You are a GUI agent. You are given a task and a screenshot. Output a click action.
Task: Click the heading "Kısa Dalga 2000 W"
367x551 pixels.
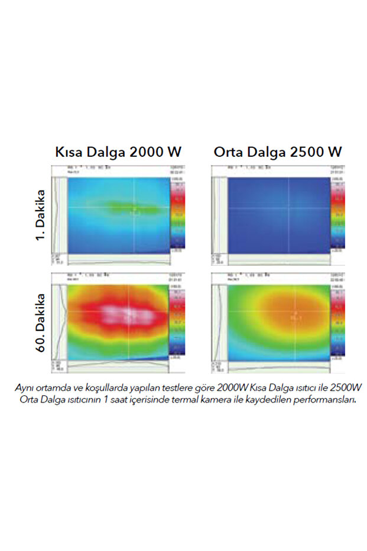pos(118,152)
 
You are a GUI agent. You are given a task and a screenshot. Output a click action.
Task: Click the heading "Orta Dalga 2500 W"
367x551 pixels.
pos(278,152)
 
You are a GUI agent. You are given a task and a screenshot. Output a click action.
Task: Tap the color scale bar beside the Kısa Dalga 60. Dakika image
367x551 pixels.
pos(177,323)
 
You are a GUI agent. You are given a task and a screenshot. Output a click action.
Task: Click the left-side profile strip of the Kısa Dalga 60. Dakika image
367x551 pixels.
pos(60,323)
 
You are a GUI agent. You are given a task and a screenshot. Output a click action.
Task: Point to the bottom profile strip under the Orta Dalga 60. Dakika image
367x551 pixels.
pos(278,367)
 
